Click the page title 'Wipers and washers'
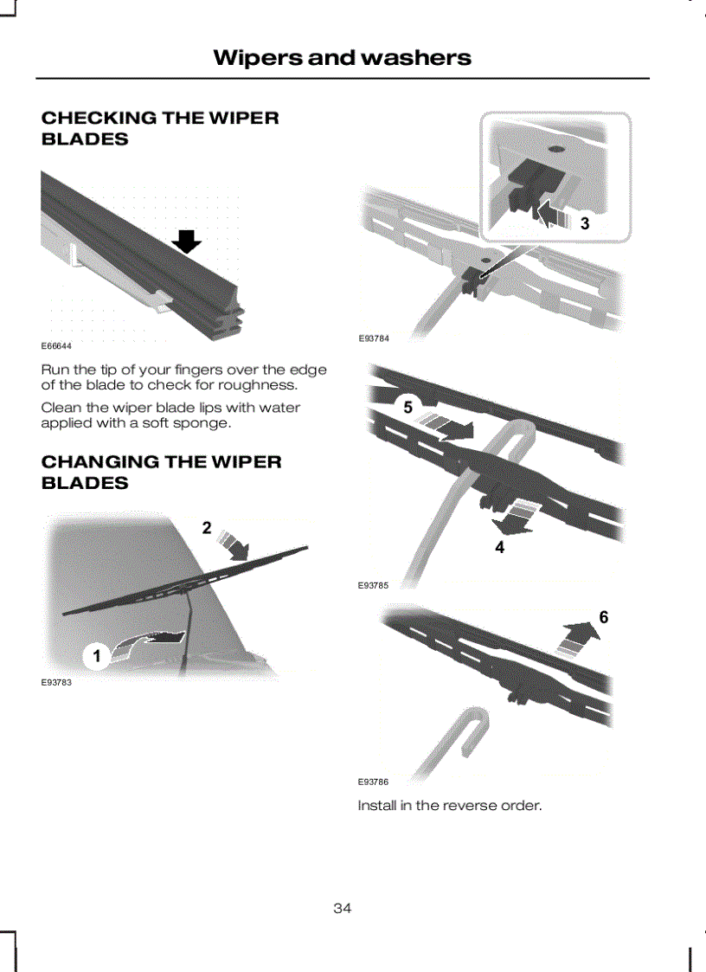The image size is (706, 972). point(342,58)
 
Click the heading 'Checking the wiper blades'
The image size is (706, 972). point(160,128)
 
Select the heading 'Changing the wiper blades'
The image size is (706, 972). point(161,473)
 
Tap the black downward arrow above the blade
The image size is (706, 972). point(187,241)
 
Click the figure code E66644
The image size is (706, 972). point(56,346)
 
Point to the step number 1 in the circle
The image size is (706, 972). point(97,656)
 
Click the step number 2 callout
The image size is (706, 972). point(207,527)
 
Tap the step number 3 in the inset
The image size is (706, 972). point(585,223)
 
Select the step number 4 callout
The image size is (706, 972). point(499,547)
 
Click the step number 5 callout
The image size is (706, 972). point(408,408)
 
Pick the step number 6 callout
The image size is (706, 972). point(603,617)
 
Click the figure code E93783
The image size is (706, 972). point(56,683)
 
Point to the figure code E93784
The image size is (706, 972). point(374,338)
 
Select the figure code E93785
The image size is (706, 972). point(373,585)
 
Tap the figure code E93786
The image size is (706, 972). point(373,782)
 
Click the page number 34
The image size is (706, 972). point(342,908)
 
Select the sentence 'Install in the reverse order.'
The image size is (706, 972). point(450,805)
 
